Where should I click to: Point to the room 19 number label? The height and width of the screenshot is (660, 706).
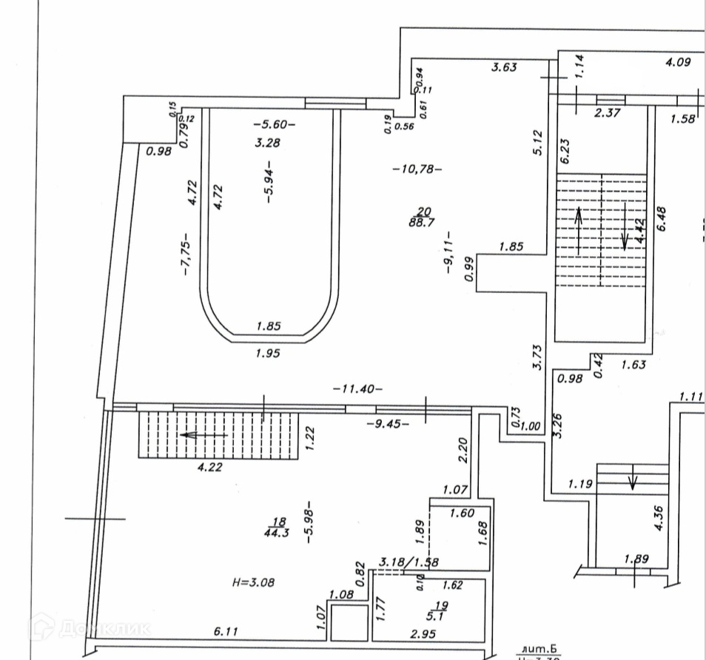pyautogui.click(x=443, y=605)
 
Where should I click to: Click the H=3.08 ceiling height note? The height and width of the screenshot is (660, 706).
pyautogui.click(x=253, y=582)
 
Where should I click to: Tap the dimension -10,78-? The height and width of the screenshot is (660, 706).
pyautogui.click(x=417, y=169)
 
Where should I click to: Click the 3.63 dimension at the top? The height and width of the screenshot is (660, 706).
pyautogui.click(x=505, y=67)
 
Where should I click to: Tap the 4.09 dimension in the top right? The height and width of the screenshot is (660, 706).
pyautogui.click(x=678, y=63)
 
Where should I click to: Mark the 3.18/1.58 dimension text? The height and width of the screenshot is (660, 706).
pyautogui.click(x=409, y=562)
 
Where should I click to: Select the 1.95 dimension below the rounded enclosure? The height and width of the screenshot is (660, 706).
pyautogui.click(x=269, y=354)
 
